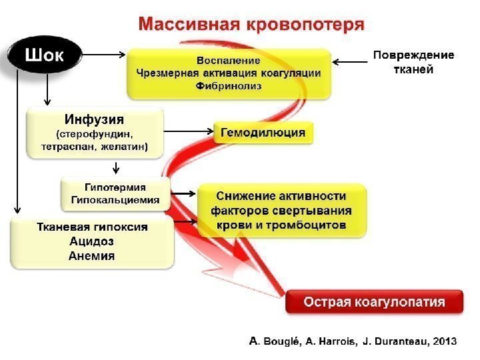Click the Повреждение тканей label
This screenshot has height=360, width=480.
413,62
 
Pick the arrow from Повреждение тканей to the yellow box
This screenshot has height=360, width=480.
349,62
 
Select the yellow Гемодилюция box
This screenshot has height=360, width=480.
263,133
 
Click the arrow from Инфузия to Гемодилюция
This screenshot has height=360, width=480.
189,131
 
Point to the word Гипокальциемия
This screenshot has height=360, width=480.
115,199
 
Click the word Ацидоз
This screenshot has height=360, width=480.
92,241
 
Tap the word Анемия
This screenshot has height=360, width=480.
92,255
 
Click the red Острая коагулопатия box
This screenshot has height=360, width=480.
374,301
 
